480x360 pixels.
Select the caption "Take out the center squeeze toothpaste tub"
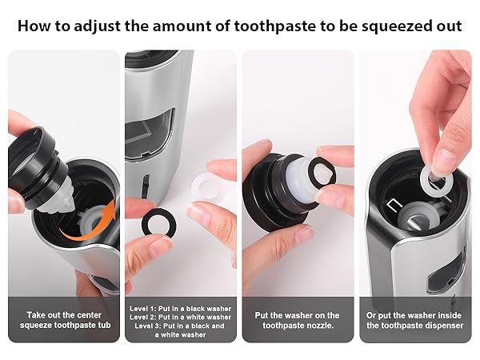[x=63, y=321]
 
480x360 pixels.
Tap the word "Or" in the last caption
[x=374, y=315]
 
